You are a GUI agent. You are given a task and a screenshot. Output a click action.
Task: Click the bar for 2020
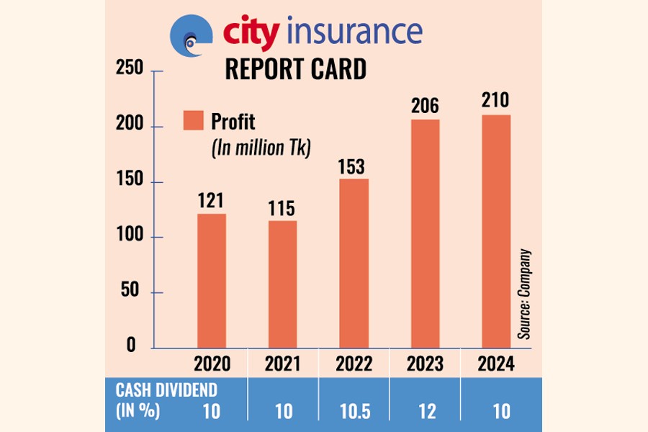[x=212, y=281]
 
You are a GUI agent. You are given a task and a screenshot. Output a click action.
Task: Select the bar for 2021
[x=282, y=284]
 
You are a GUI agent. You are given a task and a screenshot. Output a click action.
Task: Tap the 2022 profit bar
[x=354, y=263]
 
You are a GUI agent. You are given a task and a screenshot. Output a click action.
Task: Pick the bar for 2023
[x=425, y=233]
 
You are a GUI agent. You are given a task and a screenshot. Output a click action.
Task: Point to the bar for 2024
[x=496, y=231]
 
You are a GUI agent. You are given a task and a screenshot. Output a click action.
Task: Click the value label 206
[x=425, y=107]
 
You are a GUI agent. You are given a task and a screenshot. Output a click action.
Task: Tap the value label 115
[x=282, y=208]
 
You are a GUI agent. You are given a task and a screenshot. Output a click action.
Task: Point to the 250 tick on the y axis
[x=130, y=70]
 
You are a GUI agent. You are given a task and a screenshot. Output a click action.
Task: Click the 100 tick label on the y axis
[x=130, y=237]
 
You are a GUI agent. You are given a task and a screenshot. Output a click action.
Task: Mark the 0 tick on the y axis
[x=131, y=346]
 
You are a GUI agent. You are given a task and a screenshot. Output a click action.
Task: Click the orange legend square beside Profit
[x=193, y=120]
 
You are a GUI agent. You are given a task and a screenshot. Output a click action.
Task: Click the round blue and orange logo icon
[x=192, y=35]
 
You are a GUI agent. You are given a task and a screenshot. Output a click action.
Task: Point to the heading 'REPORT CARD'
[x=296, y=69]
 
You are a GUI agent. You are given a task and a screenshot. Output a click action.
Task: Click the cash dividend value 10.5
[x=354, y=411]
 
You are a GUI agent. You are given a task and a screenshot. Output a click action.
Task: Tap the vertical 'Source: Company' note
[x=524, y=294]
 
